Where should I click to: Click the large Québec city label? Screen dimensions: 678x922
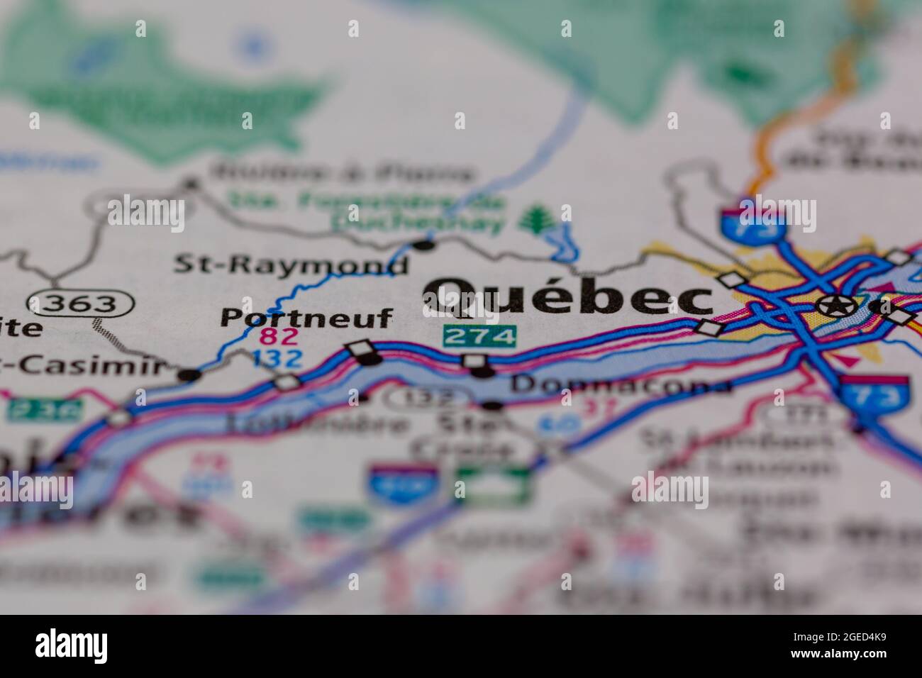567,296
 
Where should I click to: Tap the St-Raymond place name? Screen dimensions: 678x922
291,265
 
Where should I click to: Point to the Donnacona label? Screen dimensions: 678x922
621,385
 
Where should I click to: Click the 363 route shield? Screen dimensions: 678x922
81,304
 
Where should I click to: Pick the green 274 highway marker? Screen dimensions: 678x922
479,336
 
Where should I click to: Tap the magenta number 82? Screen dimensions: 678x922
279,336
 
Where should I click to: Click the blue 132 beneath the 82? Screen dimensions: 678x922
277,359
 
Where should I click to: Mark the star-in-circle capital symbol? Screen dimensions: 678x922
835,306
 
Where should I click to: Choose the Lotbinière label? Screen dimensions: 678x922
317,424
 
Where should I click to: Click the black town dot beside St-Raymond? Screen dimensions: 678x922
423,245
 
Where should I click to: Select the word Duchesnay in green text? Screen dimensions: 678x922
418,223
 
